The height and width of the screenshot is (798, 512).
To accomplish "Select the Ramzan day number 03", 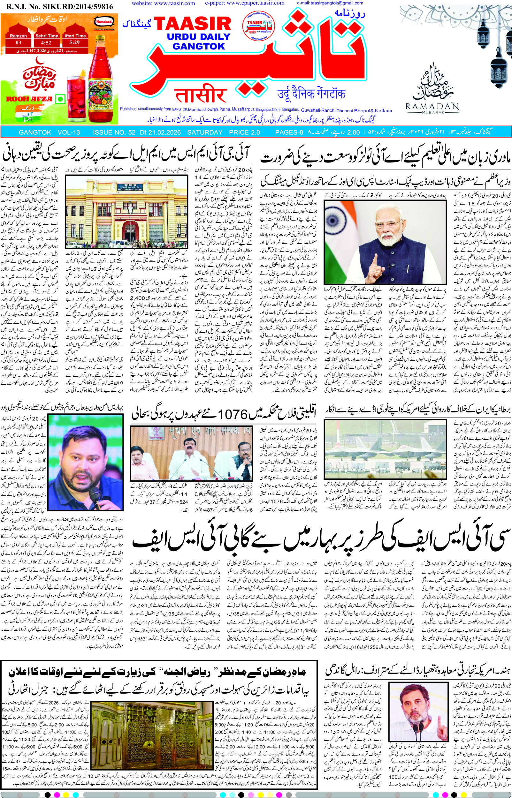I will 18,42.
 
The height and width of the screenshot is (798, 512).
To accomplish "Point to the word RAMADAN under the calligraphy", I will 432,107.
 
